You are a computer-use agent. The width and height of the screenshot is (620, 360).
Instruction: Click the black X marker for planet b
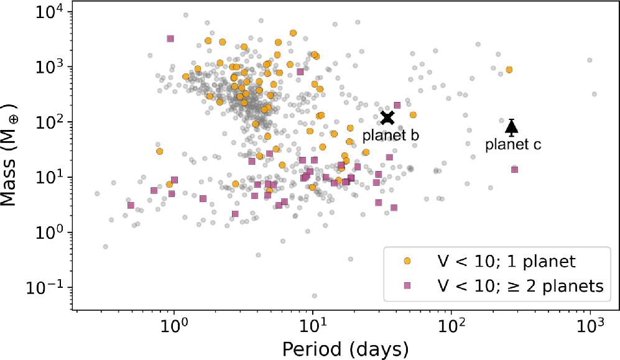tap(388, 118)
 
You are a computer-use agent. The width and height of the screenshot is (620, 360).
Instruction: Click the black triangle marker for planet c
tap(511, 127)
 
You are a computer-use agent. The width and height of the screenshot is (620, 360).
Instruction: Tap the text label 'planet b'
tap(391, 135)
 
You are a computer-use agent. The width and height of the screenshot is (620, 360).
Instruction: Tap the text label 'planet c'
tap(513, 145)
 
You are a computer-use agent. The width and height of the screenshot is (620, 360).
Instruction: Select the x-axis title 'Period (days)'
tap(345, 346)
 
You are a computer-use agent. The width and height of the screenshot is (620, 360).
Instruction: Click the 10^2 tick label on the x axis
tap(451, 326)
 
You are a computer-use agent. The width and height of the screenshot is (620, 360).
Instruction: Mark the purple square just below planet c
tap(514, 170)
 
